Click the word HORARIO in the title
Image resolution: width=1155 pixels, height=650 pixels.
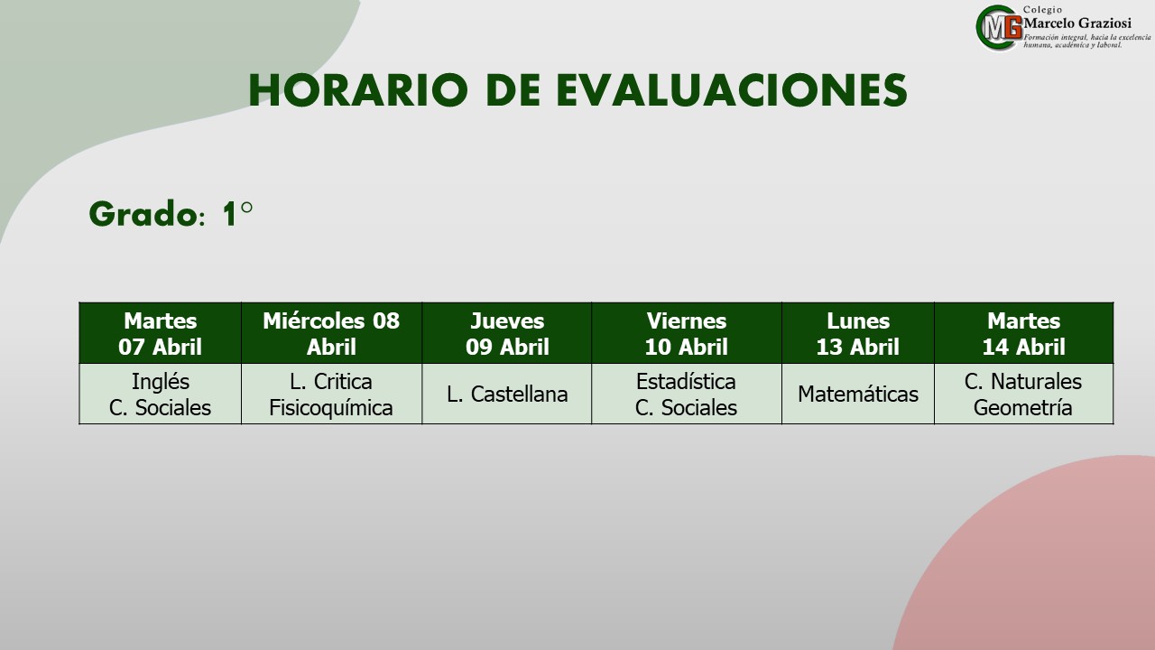point(358,90)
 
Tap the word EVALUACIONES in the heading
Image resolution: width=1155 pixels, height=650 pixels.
point(732,90)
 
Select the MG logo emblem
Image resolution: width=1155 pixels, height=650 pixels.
point(999,28)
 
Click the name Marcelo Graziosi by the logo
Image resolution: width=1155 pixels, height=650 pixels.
point(1077,23)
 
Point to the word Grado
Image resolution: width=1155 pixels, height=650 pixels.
point(143,214)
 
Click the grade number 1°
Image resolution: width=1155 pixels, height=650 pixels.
point(237,214)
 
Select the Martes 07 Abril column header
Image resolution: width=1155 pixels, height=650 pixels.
point(160,333)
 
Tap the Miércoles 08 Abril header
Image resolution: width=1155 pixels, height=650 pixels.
point(331,333)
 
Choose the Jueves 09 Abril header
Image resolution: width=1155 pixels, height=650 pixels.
point(507,333)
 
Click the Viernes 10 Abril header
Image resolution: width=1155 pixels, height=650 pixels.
point(687,333)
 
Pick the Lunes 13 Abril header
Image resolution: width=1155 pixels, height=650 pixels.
point(858,333)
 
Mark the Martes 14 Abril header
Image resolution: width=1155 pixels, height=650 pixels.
point(1023,333)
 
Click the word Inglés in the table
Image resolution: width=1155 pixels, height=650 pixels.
point(161,382)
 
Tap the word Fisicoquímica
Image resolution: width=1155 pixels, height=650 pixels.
point(331,408)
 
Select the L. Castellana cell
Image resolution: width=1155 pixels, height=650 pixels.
point(507,395)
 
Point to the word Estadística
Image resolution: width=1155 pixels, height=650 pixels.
point(686,382)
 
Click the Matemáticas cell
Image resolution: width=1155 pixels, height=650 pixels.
point(858,395)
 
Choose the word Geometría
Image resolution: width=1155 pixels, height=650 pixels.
point(1023,408)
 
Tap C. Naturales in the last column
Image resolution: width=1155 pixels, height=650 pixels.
point(1023,382)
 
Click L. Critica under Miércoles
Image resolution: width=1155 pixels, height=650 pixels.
point(331,382)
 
